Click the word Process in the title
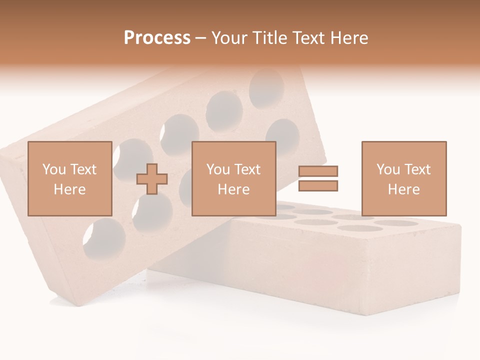(x=157, y=38)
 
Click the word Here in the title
(x=349, y=38)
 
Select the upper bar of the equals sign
(x=318, y=171)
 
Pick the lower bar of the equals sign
(x=318, y=186)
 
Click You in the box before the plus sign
(x=53, y=169)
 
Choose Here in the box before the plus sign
(x=69, y=189)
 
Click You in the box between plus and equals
(x=218, y=169)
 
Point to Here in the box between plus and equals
(x=233, y=189)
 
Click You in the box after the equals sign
(x=388, y=169)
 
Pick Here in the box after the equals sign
(x=403, y=189)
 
